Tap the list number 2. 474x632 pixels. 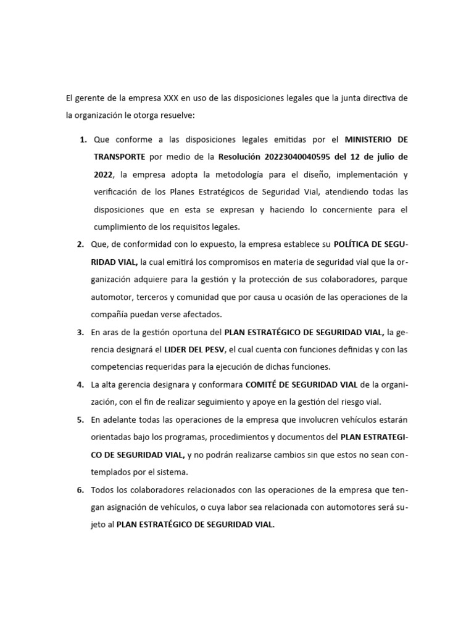pos(81,244)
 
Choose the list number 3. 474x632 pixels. pos(81,332)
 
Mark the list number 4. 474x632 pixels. pos(81,385)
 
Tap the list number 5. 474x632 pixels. pos(81,420)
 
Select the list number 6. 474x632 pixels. pos(81,490)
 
